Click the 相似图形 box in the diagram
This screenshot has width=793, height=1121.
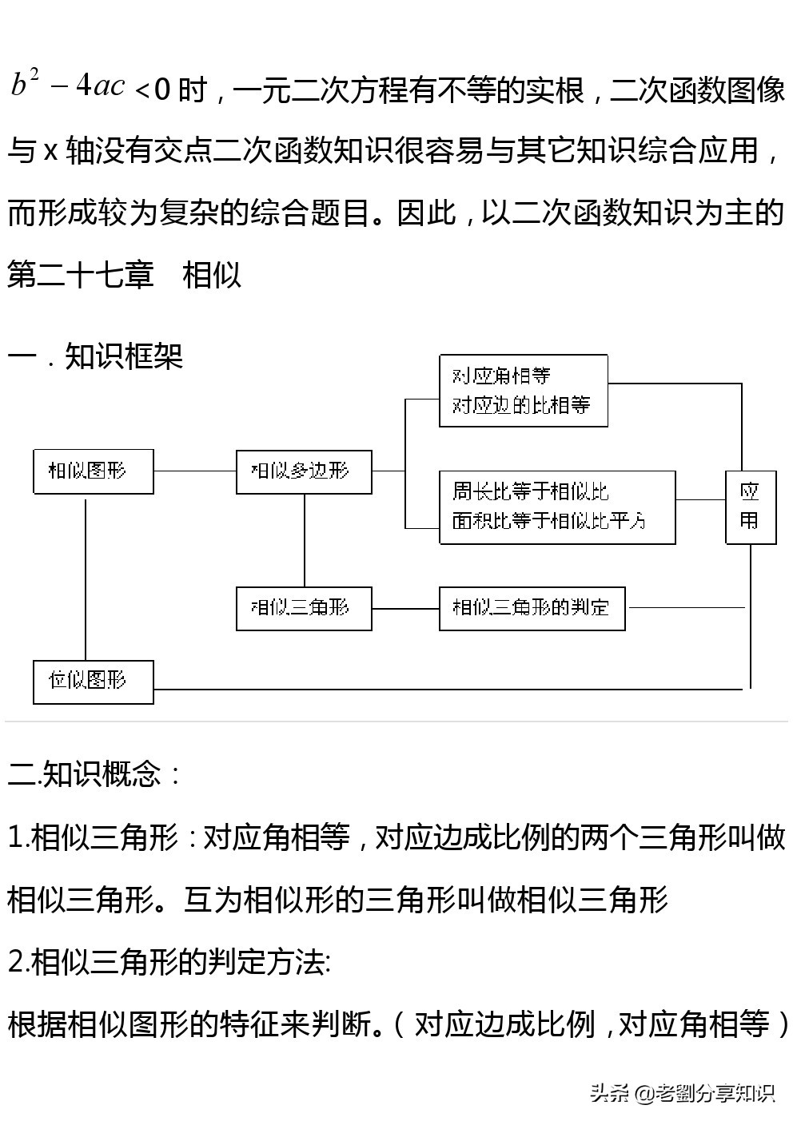coord(93,471)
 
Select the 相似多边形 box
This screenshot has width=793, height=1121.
coord(304,471)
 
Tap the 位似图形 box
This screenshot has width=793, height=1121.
coord(93,682)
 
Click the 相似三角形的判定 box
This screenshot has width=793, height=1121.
coord(532,608)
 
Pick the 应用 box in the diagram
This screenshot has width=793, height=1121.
coord(750,507)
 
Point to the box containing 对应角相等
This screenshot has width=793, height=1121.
coord(523,391)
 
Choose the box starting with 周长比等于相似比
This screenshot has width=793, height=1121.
coord(556,507)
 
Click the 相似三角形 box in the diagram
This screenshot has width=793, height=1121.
coord(304,608)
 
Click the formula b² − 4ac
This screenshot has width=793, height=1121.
coord(69,84)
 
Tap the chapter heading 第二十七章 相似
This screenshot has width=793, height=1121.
coord(125,276)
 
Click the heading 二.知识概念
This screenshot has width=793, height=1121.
coord(94,773)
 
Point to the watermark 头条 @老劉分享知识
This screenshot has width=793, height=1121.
coord(682,1092)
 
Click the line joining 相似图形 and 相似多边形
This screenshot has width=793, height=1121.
coord(195,471)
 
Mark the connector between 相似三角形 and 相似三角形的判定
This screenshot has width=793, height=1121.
coord(405,608)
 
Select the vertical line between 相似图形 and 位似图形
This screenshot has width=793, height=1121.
coord(86,577)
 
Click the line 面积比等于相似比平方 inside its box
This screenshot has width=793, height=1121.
coord(548,521)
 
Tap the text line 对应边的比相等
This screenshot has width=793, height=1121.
coord(520,405)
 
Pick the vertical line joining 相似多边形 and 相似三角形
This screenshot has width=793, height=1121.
coord(305,540)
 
